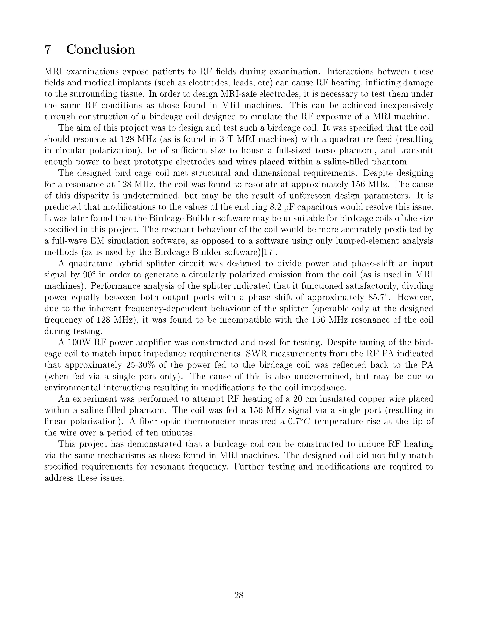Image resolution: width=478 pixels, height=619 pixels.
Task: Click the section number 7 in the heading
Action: [48, 49]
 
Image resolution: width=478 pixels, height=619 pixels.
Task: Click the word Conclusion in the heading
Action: [101, 49]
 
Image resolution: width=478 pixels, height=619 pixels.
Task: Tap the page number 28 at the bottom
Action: [239, 595]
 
